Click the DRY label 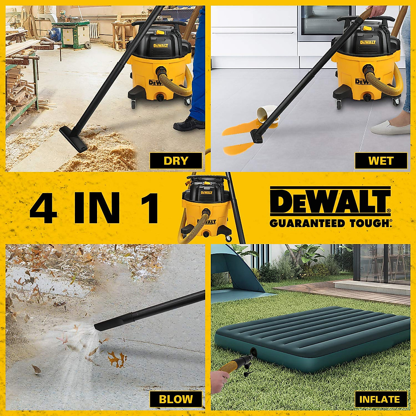(x=176, y=161)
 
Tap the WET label (x=381, y=161)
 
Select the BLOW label (x=176, y=399)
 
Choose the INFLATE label (x=379, y=399)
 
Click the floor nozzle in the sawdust (x=73, y=139)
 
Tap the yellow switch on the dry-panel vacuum (x=160, y=33)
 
